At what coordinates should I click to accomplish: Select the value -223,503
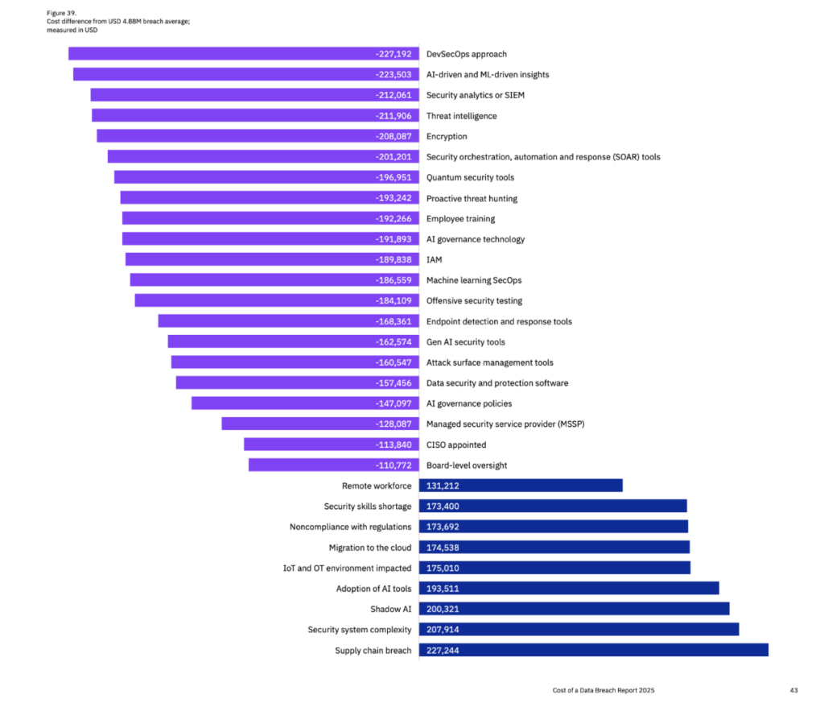point(393,75)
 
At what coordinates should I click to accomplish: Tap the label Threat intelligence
point(461,116)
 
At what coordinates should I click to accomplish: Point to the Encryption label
point(447,137)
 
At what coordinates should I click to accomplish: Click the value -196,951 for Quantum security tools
point(393,178)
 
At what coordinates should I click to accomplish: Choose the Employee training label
point(460,219)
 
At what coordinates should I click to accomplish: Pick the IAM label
point(434,260)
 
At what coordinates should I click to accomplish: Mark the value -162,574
point(393,342)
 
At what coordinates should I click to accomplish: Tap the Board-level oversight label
point(467,465)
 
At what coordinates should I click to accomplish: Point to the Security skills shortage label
point(368,507)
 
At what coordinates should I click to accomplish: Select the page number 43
point(794,690)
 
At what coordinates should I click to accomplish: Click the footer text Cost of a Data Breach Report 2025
point(609,690)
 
